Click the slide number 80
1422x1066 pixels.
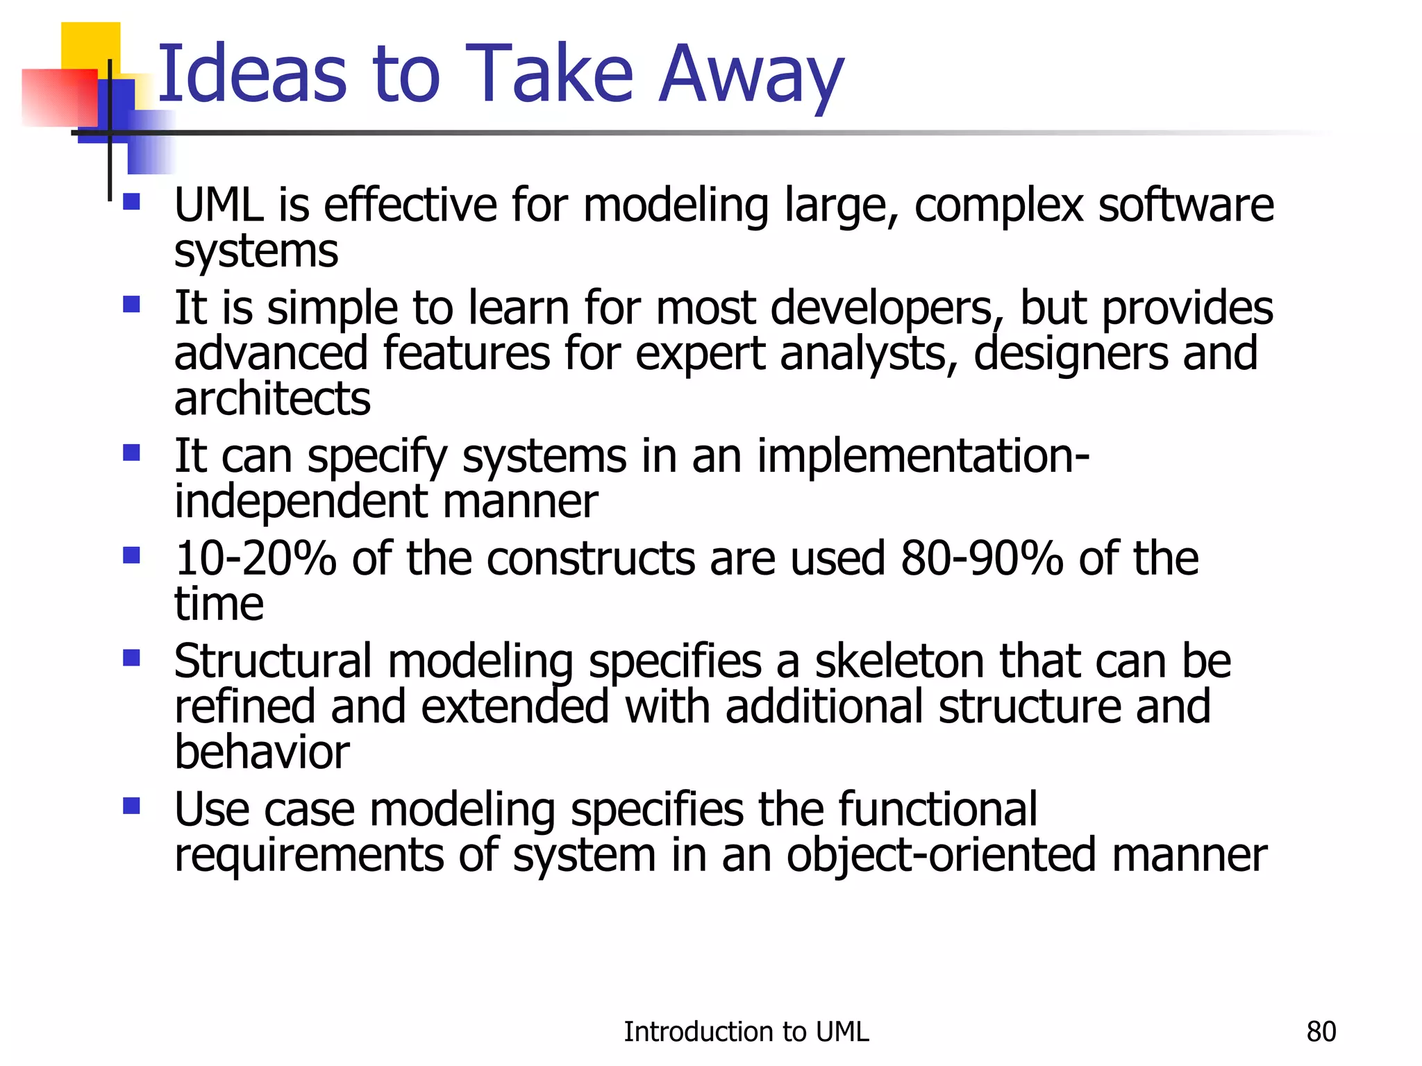coord(1321,1032)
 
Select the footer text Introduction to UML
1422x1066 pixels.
coord(746,1032)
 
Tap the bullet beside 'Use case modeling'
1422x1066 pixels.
coord(131,806)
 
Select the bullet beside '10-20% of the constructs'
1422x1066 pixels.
coord(131,555)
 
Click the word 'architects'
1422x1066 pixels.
coord(272,400)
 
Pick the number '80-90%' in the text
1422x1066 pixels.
coord(981,559)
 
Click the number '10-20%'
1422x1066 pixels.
coord(255,559)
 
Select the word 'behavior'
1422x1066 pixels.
coord(262,752)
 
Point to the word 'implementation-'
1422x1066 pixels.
coord(923,457)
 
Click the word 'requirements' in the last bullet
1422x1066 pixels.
coord(308,855)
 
